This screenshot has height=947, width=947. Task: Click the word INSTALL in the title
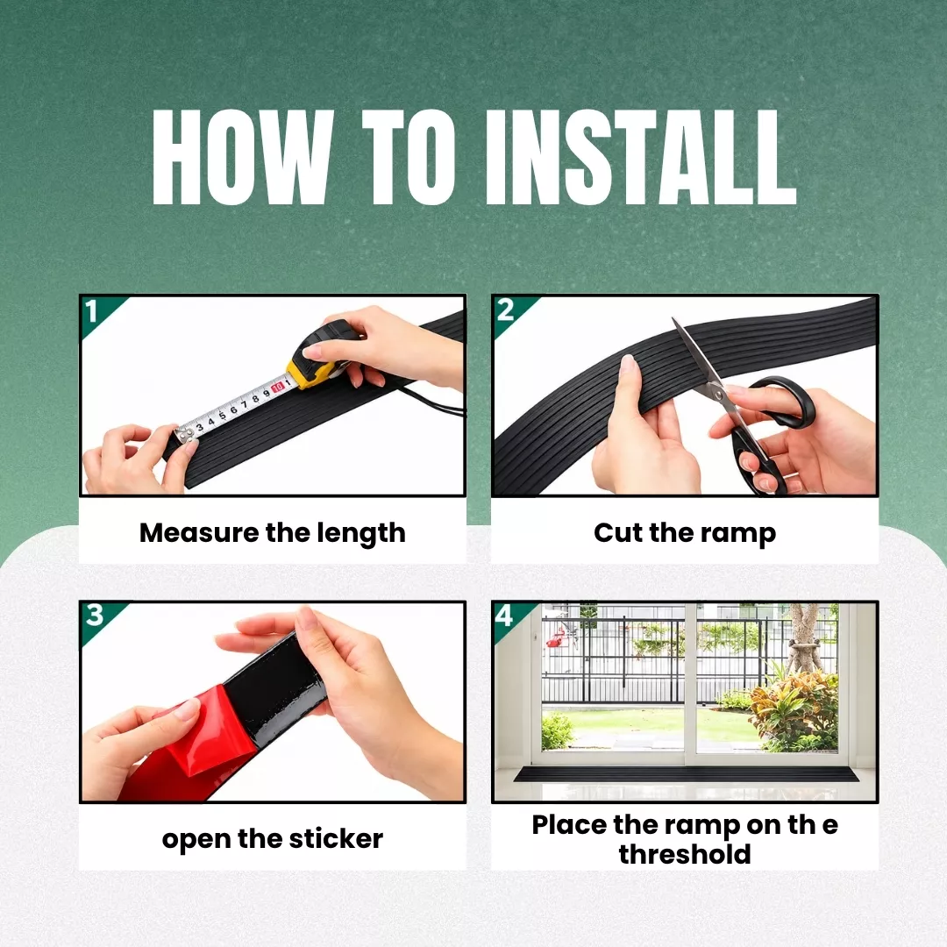tap(641, 158)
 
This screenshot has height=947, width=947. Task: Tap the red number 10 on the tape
tap(277, 388)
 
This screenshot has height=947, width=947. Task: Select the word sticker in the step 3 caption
tap(336, 839)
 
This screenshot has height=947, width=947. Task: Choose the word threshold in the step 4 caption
tap(685, 855)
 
